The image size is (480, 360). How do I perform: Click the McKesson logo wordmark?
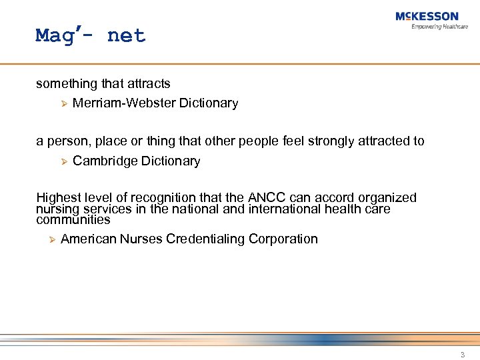pyautogui.click(x=427, y=17)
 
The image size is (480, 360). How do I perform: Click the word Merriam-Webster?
pyautogui.click(x=124, y=103)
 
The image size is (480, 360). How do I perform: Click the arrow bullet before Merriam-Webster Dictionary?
pyautogui.click(x=64, y=103)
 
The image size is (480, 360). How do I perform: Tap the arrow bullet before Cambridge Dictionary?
pyautogui.click(x=64, y=161)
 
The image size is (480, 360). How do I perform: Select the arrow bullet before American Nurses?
pyautogui.click(x=52, y=239)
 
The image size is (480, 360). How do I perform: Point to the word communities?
pyautogui.click(x=73, y=219)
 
